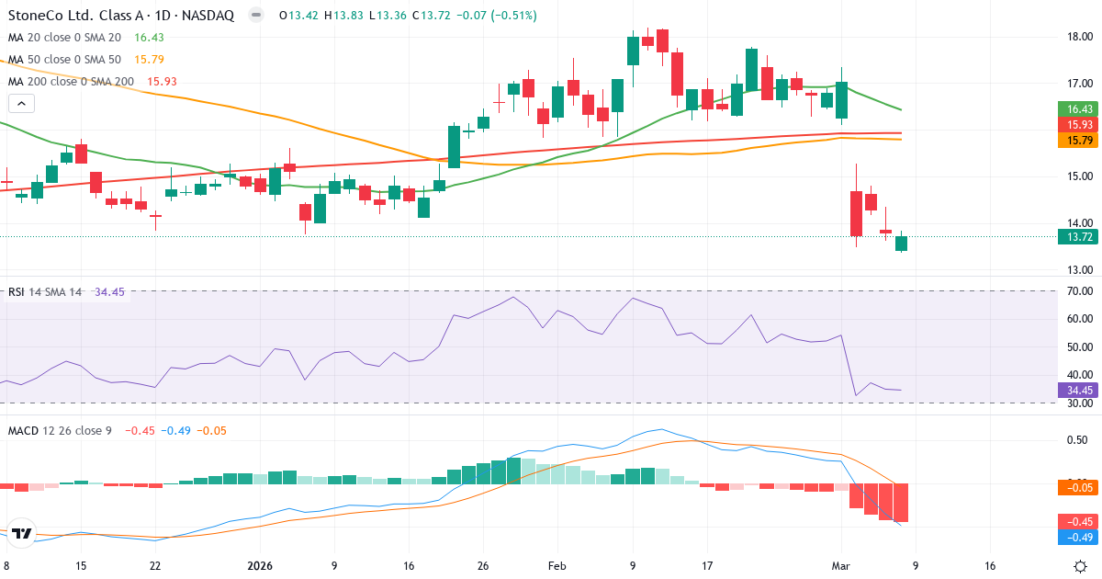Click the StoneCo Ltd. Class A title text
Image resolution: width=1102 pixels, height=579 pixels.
click(x=80, y=16)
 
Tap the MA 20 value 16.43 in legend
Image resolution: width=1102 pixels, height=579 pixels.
click(x=149, y=37)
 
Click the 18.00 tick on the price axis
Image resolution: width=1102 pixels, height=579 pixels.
click(x=1078, y=37)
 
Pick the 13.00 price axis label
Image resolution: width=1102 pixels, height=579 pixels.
click(x=1078, y=270)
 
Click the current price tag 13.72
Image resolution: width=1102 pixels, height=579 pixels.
click(x=1078, y=237)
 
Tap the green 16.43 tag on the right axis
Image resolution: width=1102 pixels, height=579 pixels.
click(x=1078, y=108)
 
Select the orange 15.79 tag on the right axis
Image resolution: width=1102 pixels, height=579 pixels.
click(x=1078, y=141)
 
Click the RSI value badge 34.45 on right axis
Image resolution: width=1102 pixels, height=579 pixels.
click(x=1078, y=390)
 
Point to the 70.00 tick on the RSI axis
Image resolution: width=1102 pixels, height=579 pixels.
click(x=1078, y=291)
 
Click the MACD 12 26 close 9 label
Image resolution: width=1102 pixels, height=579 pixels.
click(x=60, y=430)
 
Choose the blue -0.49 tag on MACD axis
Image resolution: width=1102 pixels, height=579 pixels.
click(x=1078, y=537)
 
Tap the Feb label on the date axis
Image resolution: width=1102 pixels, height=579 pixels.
click(x=557, y=566)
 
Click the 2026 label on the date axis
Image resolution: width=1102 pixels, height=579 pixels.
click(x=260, y=566)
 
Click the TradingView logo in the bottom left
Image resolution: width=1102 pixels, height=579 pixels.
click(x=22, y=534)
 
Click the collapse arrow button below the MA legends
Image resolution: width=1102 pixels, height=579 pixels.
click(x=20, y=103)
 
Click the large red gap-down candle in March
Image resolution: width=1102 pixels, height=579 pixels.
click(x=856, y=213)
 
